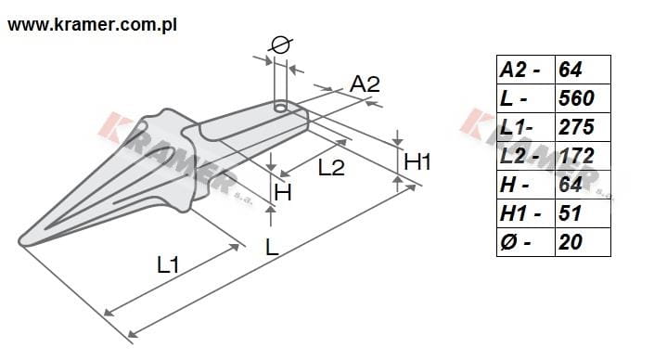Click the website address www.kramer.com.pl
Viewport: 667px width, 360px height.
pyautogui.click(x=92, y=25)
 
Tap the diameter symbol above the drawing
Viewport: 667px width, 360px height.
pyautogui.click(x=282, y=45)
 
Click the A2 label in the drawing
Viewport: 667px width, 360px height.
pyautogui.click(x=365, y=84)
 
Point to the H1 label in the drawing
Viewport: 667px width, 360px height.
pyautogui.click(x=417, y=161)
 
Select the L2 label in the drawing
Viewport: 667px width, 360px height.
pyautogui.click(x=331, y=168)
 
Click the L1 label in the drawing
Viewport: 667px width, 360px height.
pyautogui.click(x=168, y=265)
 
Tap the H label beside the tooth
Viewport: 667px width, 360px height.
pyautogui.click(x=283, y=193)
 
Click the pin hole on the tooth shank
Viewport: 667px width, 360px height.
pyautogui.click(x=281, y=107)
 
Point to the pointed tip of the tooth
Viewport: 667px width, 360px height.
pyautogui.click(x=21, y=241)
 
